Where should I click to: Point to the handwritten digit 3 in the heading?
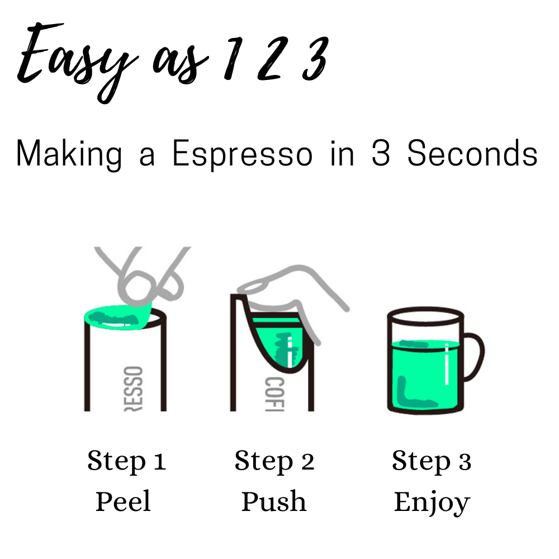[315, 58]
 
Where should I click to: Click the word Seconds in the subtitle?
[472, 153]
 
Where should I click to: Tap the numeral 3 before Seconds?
[380, 153]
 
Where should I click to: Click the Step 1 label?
[126, 462]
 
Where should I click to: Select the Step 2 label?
[274, 462]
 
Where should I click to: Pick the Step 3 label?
[432, 462]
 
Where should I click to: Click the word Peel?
[123, 501]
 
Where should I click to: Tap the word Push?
[274, 501]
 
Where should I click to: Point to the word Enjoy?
[432, 503]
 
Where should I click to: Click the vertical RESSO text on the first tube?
[134, 389]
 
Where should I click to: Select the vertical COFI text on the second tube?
[274, 394]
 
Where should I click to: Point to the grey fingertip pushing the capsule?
[255, 285]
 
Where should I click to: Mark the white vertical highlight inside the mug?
[447, 364]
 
